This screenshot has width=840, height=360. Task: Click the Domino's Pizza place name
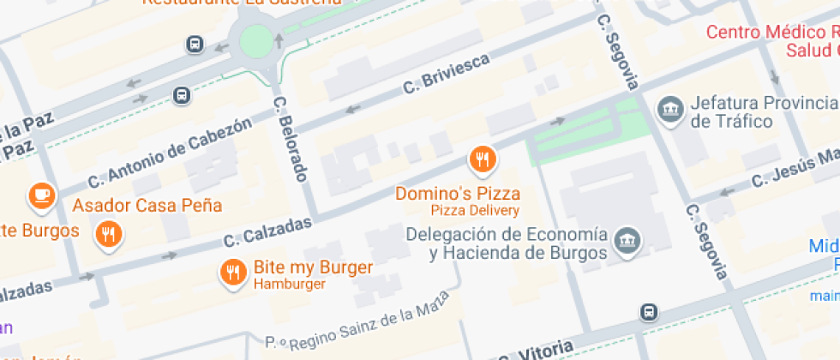pos(457,194)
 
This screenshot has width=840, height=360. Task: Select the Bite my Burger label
pos(313,267)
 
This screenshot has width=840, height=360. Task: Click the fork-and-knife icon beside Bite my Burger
pos(232,273)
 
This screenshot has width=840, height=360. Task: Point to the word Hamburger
pos(289,285)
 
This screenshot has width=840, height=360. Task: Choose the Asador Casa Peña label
pos(147,206)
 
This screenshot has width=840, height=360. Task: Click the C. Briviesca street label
pos(446,74)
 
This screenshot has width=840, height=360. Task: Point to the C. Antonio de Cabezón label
pos(171,153)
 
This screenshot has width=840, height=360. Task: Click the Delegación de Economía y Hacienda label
pos(507,243)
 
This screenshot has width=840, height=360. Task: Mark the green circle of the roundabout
pos(255,39)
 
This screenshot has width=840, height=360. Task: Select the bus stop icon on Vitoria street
pos(650,312)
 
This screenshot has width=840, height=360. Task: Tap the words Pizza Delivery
pos(475,211)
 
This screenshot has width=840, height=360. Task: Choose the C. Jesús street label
pos(793,169)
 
